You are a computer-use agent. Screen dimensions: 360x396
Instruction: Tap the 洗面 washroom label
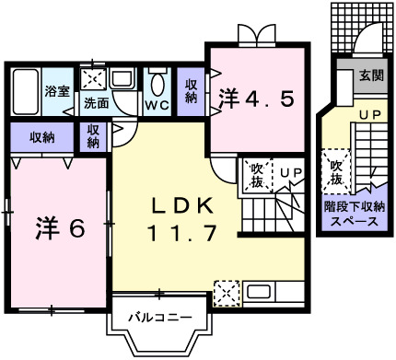coord(95,103)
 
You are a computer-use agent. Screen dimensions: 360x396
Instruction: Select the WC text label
coord(155,105)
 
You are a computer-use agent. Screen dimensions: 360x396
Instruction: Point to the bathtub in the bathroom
coord(27,90)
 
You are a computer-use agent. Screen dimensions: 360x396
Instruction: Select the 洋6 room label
coord(62,226)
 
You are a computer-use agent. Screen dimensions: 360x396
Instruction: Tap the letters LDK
coord(183,205)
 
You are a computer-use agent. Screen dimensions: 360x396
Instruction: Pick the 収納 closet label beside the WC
coord(191,90)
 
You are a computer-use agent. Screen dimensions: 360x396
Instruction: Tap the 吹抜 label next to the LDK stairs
coord(257,174)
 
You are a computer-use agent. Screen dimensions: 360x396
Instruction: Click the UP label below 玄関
coord(369,115)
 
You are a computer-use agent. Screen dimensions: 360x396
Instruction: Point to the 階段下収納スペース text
coord(354,215)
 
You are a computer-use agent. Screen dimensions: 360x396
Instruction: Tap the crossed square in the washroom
coord(93,78)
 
